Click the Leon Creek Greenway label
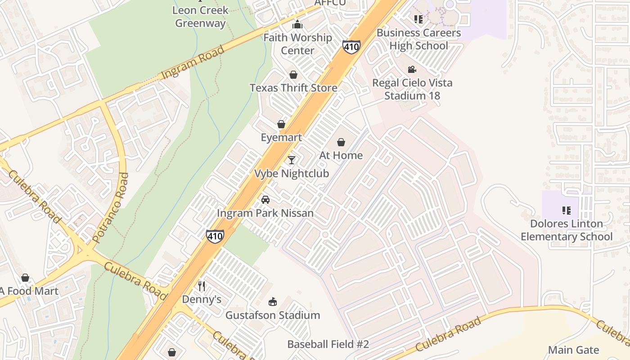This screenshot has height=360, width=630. click(x=200, y=17)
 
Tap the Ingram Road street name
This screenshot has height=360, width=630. click(x=193, y=62)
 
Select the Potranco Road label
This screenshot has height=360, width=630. click(x=110, y=208)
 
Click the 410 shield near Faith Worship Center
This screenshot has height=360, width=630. click(x=351, y=46)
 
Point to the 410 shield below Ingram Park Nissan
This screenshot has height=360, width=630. click(x=215, y=236)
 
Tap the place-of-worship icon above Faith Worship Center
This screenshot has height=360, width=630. click(x=297, y=25)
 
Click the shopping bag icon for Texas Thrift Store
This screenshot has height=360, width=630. click(x=293, y=75)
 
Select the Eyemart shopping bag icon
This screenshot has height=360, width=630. click(x=281, y=124)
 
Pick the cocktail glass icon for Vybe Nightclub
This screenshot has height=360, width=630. click(x=292, y=160)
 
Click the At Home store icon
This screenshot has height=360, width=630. click(x=341, y=143)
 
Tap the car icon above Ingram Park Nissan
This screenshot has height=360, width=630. click(x=265, y=200)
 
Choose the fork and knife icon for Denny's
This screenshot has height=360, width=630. click(x=202, y=286)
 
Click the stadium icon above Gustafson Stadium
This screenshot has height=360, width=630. click(x=272, y=301)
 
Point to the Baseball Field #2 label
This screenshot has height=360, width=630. click(x=328, y=344)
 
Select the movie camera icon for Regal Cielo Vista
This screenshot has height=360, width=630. click(x=412, y=70)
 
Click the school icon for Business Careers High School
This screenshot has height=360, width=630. click(x=418, y=19)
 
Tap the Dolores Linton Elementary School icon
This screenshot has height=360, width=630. click(x=566, y=210)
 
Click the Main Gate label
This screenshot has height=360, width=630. click(x=573, y=350)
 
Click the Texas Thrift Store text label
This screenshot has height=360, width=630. click(x=293, y=88)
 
